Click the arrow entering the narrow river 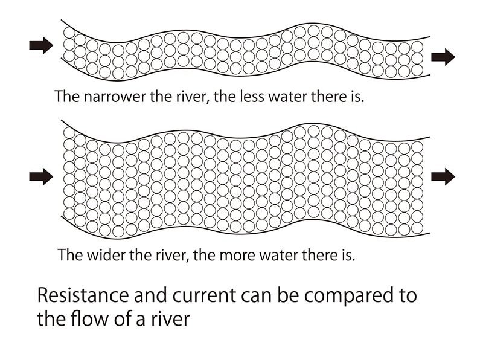(x=41, y=45)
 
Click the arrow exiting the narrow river (x=443, y=57)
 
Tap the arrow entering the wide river (x=41, y=176)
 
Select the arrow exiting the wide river (x=443, y=176)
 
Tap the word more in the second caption (x=237, y=256)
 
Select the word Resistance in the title (x=83, y=295)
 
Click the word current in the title (x=204, y=296)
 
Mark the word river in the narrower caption (x=191, y=97)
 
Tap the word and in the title (x=150, y=295)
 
